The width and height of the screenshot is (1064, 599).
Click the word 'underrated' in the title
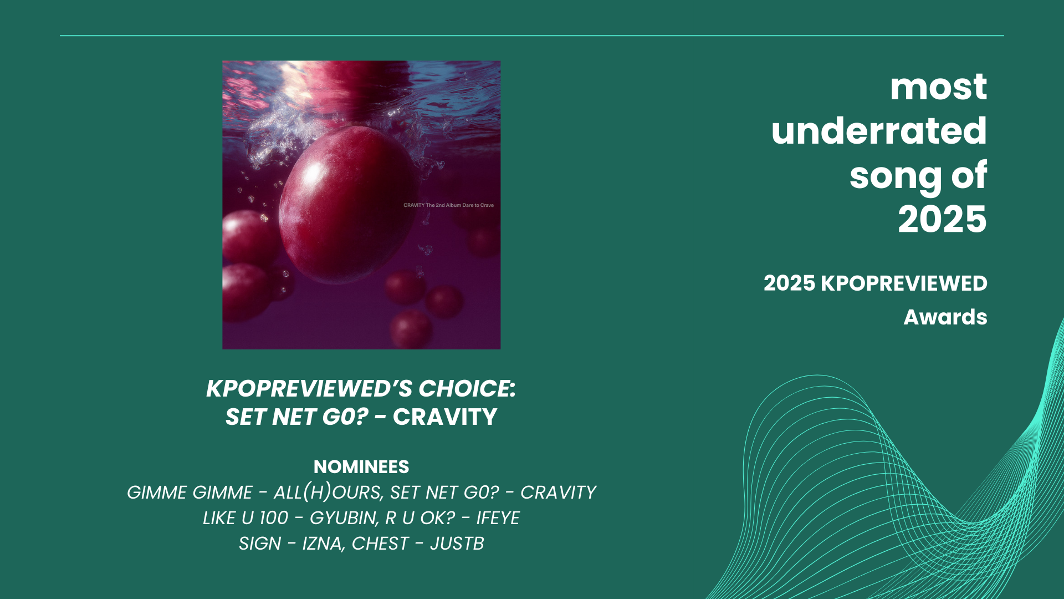[879, 131]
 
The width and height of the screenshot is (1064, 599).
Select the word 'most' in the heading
[938, 87]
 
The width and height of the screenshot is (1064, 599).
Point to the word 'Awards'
[945, 317]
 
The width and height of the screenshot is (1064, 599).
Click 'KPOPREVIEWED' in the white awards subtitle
[904, 283]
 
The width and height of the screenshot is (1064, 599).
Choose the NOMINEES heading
[361, 467]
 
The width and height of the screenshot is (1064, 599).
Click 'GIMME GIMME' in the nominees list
[190, 493]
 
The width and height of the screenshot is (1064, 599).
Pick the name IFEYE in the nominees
[498, 518]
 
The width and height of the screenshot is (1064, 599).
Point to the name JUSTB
[457, 544]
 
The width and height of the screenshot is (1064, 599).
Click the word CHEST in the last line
[380, 544]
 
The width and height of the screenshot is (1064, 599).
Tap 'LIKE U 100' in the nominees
[245, 518]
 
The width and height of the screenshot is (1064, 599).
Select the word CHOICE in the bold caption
[467, 389]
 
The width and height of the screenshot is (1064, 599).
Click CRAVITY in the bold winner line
[445, 418]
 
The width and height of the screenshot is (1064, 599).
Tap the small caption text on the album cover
[448, 205]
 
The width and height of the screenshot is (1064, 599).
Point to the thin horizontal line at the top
[532, 35]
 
